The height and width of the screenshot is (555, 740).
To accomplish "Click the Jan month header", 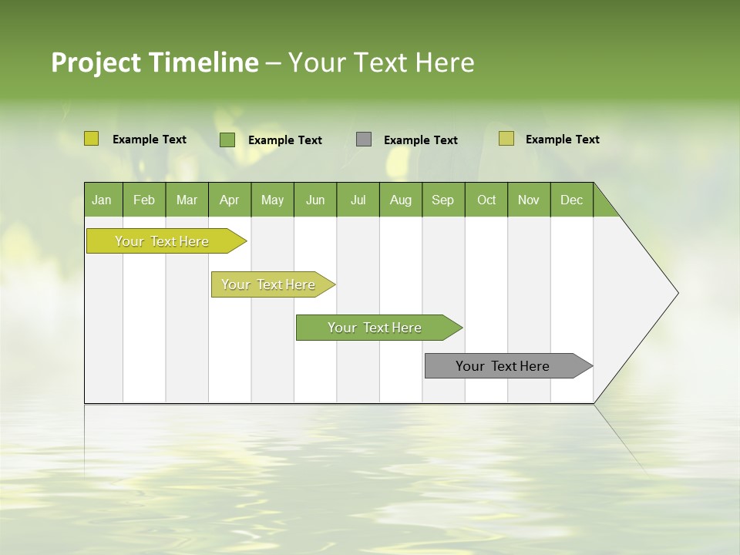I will click(x=102, y=200).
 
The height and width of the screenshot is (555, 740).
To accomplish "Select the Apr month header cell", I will click(x=229, y=200).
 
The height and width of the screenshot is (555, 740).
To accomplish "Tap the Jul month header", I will click(x=358, y=200).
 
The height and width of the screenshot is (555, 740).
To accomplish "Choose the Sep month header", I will click(x=442, y=200).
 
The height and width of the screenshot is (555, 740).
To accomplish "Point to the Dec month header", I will click(x=571, y=200).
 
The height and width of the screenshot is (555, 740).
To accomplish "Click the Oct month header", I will click(x=486, y=200).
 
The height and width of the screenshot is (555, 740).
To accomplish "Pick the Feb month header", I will click(x=144, y=200).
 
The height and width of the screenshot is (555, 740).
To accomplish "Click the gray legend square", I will click(x=364, y=140).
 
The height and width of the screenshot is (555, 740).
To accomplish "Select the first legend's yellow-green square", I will click(x=91, y=139).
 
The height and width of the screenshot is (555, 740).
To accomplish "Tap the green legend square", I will click(x=227, y=140).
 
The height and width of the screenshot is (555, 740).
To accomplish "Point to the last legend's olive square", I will click(x=506, y=139).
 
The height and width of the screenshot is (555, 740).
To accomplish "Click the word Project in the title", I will click(x=96, y=62).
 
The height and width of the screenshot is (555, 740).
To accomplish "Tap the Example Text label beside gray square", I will click(x=420, y=140).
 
